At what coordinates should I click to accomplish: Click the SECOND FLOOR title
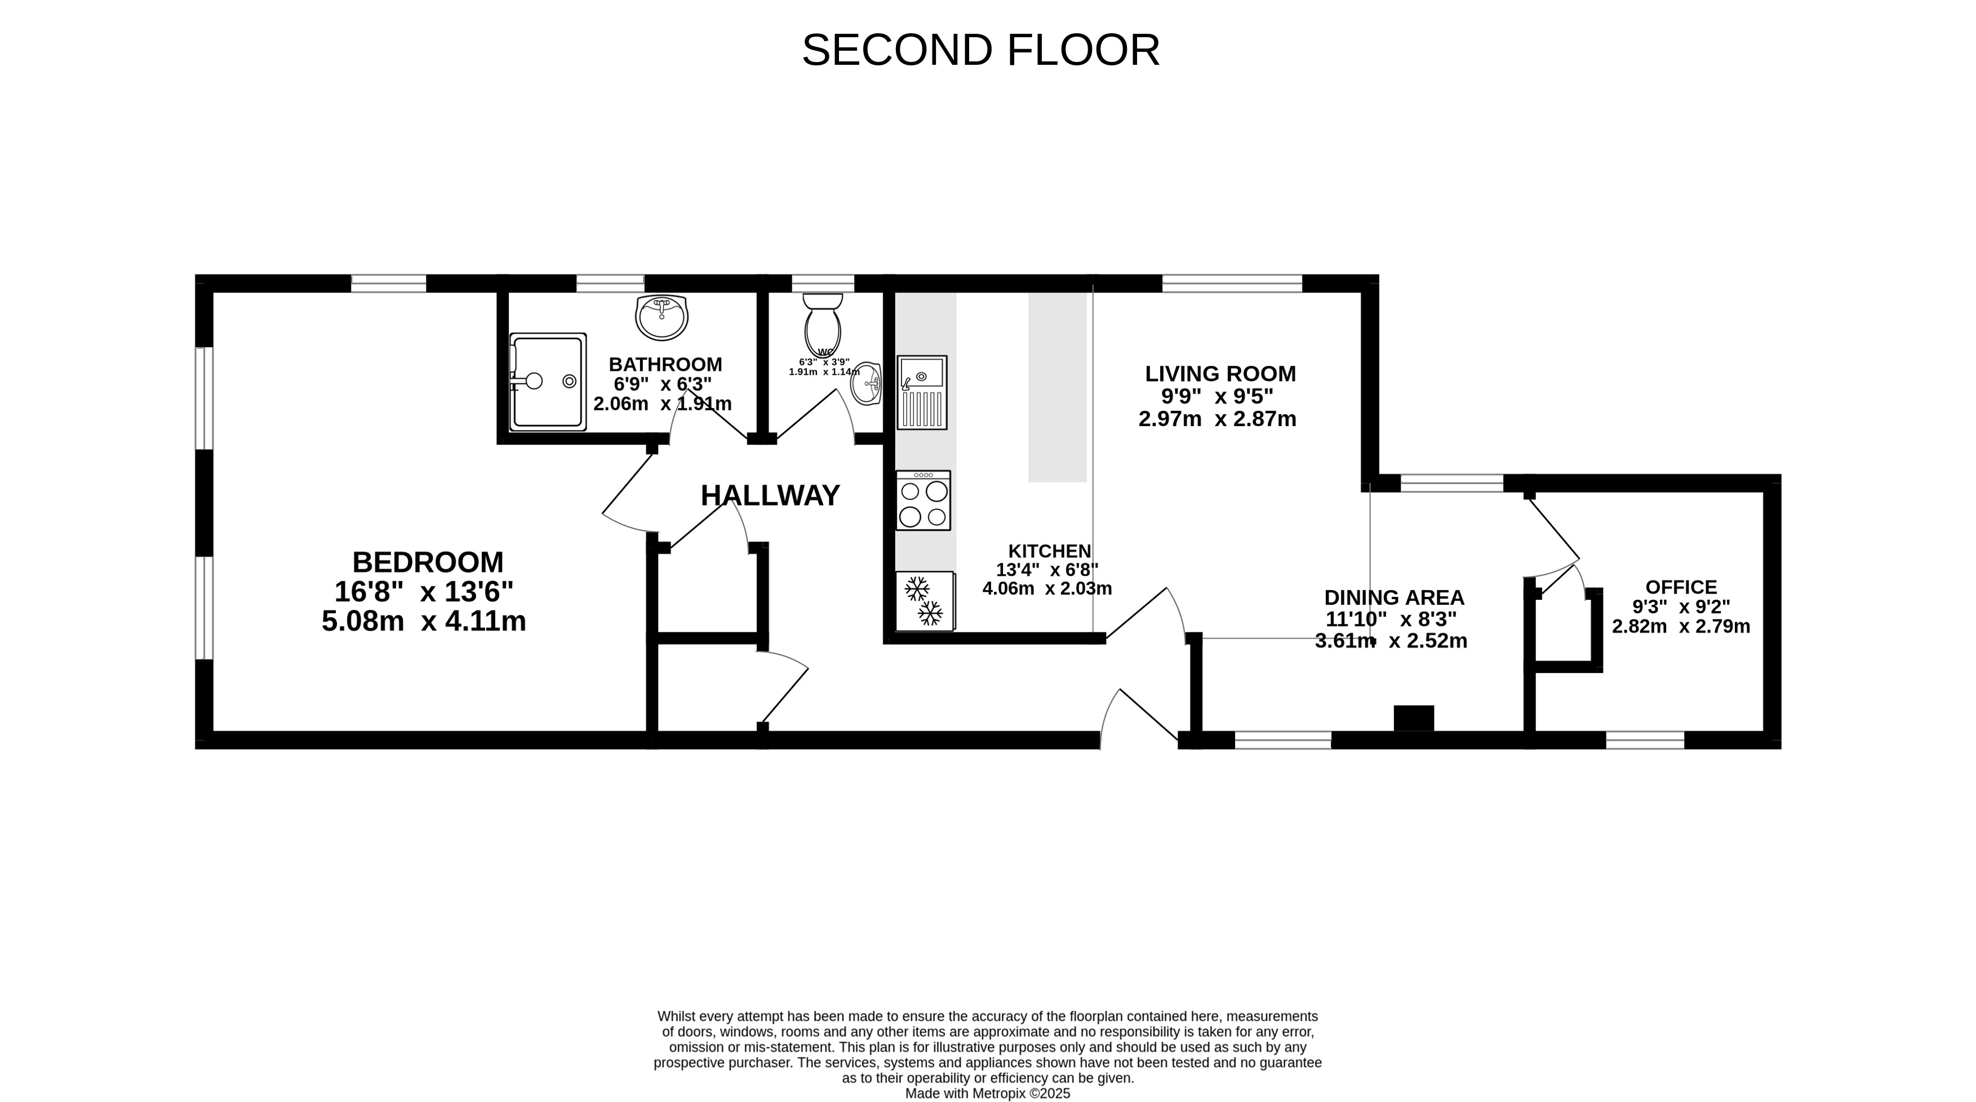point(980,51)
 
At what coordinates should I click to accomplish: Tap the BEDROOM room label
point(428,563)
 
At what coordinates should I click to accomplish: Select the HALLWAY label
point(770,495)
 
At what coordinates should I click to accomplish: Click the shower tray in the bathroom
point(548,382)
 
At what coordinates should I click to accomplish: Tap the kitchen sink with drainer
point(922,392)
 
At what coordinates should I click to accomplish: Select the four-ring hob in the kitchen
point(923,501)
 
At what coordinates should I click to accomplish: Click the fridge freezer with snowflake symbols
point(925,601)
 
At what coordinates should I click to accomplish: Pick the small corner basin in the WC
point(867,383)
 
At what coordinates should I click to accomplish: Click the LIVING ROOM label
point(1220,374)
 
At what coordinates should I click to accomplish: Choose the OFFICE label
point(1681,587)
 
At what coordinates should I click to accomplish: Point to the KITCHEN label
point(1049,551)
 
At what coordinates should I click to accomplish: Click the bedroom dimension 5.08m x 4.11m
point(424,621)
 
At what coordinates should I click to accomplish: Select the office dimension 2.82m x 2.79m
point(1681,626)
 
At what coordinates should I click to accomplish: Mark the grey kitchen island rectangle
point(1058,388)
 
